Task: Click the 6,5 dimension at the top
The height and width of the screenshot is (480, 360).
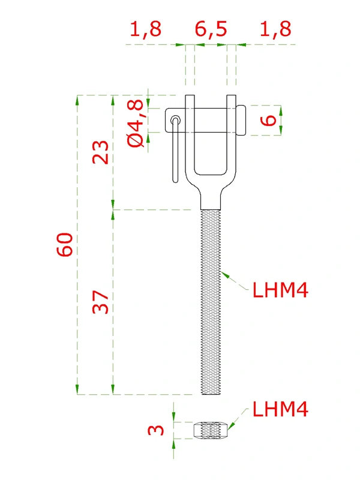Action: (211, 29)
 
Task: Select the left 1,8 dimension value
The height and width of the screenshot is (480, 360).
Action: (146, 29)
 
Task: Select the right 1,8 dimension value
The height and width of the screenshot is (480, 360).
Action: (277, 29)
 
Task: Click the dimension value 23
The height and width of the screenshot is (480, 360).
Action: (100, 152)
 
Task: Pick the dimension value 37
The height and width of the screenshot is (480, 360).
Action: (100, 302)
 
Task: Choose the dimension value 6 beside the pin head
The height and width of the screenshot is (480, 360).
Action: (270, 120)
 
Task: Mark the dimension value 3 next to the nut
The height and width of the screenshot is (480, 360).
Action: (155, 430)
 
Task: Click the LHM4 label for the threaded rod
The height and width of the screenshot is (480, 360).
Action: (280, 291)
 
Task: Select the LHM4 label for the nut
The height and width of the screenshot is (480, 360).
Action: (280, 410)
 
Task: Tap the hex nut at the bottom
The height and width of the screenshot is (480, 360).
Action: (211, 430)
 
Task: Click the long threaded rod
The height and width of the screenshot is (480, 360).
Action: (211, 300)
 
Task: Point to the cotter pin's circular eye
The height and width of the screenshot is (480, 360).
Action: (175, 119)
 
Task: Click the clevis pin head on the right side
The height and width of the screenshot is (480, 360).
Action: (241, 120)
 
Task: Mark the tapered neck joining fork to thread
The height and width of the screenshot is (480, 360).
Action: (211, 195)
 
